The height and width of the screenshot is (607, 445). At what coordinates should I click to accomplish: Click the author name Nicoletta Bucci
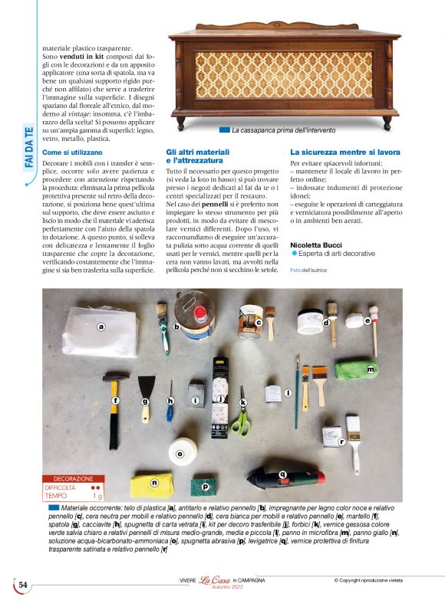coord(316,244)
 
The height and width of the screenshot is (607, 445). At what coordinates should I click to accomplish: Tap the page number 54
coord(23,586)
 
